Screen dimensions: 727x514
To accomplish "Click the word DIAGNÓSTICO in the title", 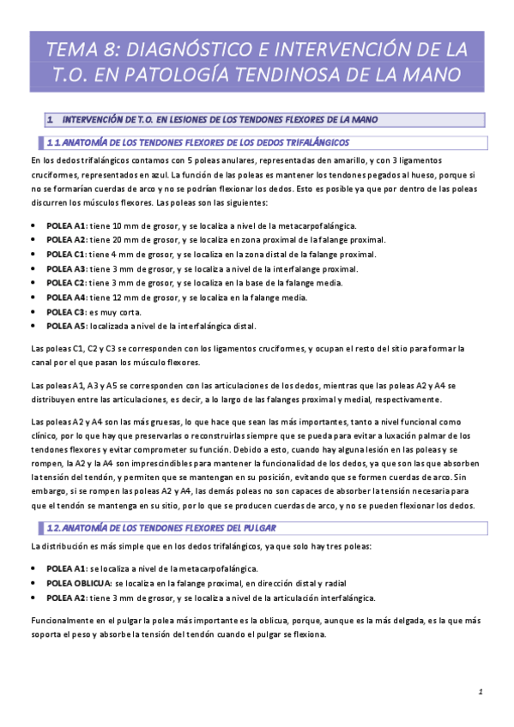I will pyautogui.click(x=196, y=45).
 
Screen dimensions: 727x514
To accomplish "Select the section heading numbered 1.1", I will pyautogui.click(x=197, y=141).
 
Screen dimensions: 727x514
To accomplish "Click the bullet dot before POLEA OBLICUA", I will pyautogui.click(x=33, y=583).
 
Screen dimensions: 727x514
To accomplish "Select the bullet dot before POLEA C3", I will pyautogui.click(x=33, y=313).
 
